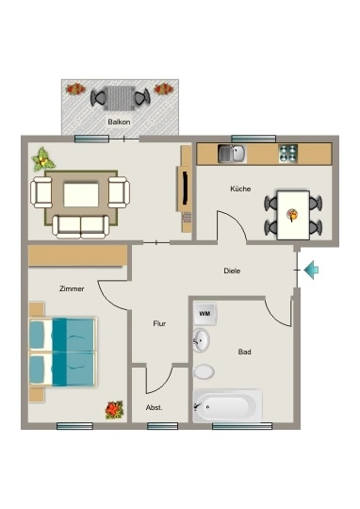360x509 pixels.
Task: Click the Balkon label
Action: pyautogui.click(x=119, y=122)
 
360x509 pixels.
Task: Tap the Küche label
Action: pyautogui.click(x=240, y=189)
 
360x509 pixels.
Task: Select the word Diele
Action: pyautogui.click(x=232, y=271)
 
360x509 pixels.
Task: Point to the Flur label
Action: pyautogui.click(x=159, y=323)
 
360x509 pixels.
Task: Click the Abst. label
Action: pyautogui.click(x=155, y=408)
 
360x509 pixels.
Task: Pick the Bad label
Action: pyautogui.click(x=244, y=352)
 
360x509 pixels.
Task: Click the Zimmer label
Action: pyautogui.click(x=72, y=288)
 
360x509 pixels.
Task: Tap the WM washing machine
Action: pyautogui.click(x=205, y=314)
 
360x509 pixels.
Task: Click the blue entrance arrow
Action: pyautogui.click(x=311, y=270)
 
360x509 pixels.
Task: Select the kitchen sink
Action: pyautogui.click(x=232, y=154)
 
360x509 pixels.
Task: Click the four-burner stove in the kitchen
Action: pyautogui.click(x=288, y=154)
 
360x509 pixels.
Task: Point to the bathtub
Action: pyautogui.click(x=227, y=405)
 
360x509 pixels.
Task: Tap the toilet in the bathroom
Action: pyautogui.click(x=204, y=371)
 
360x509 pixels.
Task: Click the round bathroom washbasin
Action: pyautogui.click(x=201, y=340)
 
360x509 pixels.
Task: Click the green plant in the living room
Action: pyautogui.click(x=42, y=159)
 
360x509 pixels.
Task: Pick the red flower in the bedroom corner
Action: pyautogui.click(x=114, y=410)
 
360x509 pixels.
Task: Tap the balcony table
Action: pyautogui.click(x=120, y=98)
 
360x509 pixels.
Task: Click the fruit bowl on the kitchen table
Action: pyautogui.click(x=292, y=215)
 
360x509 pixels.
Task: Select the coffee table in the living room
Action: pyautogui.click(x=81, y=195)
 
